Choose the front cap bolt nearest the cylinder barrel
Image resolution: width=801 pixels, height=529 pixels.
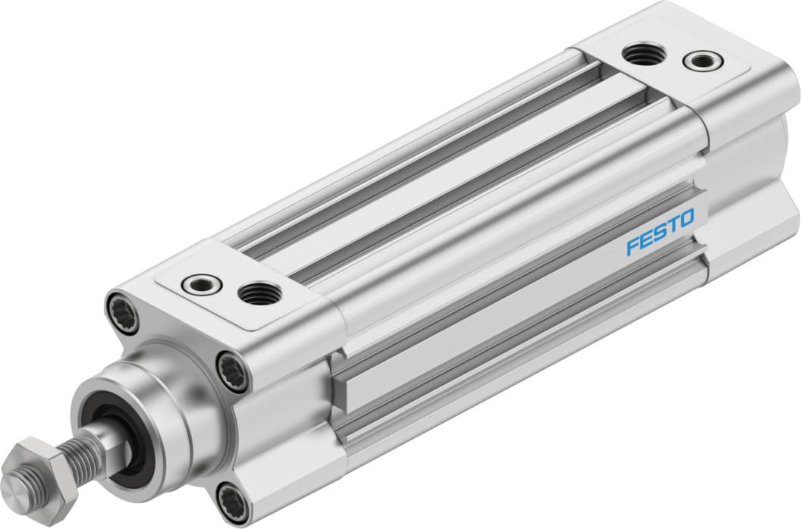pos(232,371)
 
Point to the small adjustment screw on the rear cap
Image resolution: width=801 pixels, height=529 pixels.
pos(697,61)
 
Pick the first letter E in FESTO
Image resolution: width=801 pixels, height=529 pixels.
pos(646,240)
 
